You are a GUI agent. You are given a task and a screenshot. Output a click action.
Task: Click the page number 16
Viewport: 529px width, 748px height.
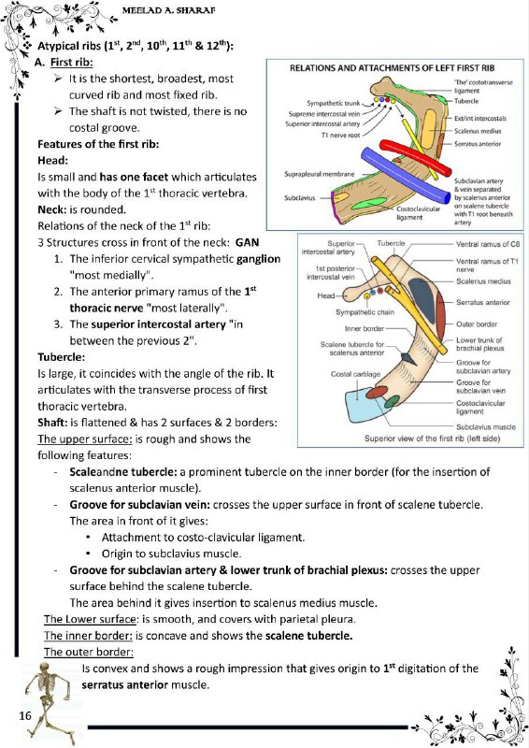click(25, 715)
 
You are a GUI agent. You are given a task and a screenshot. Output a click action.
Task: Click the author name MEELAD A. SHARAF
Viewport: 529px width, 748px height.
click(168, 10)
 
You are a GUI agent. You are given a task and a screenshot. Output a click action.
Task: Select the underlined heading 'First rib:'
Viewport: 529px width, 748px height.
click(72, 62)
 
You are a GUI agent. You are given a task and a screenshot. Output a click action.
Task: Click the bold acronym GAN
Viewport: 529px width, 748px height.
click(247, 242)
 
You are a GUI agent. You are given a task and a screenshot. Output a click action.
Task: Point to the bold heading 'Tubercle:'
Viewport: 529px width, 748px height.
click(61, 357)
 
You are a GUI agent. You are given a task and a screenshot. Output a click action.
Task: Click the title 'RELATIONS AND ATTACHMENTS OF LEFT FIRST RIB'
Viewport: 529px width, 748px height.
click(393, 68)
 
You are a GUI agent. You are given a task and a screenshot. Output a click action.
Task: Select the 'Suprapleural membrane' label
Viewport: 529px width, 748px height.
click(319, 174)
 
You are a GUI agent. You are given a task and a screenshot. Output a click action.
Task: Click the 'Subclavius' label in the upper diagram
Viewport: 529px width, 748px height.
click(300, 197)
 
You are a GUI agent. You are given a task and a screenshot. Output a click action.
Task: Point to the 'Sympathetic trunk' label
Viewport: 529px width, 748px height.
click(333, 103)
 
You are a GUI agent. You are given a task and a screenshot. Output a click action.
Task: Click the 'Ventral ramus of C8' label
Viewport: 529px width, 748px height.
click(488, 244)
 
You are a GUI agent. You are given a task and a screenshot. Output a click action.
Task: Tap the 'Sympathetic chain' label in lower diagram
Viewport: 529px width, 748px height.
click(365, 312)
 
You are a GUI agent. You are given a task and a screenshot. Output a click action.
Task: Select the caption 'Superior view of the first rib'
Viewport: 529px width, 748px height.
click(432, 439)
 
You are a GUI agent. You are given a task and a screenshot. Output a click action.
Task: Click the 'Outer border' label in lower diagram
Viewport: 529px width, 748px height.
click(477, 324)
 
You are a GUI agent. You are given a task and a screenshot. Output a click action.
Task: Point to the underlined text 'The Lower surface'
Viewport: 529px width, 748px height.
click(90, 619)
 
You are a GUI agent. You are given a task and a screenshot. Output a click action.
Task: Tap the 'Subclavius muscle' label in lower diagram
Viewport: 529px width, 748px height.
click(486, 427)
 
